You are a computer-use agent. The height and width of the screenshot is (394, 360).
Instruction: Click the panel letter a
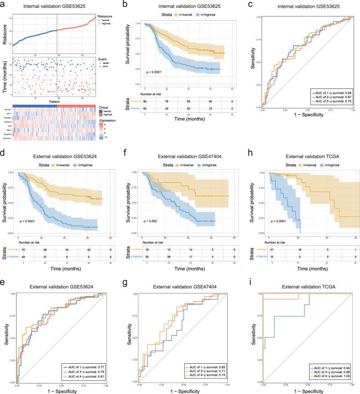coord(4,4)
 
